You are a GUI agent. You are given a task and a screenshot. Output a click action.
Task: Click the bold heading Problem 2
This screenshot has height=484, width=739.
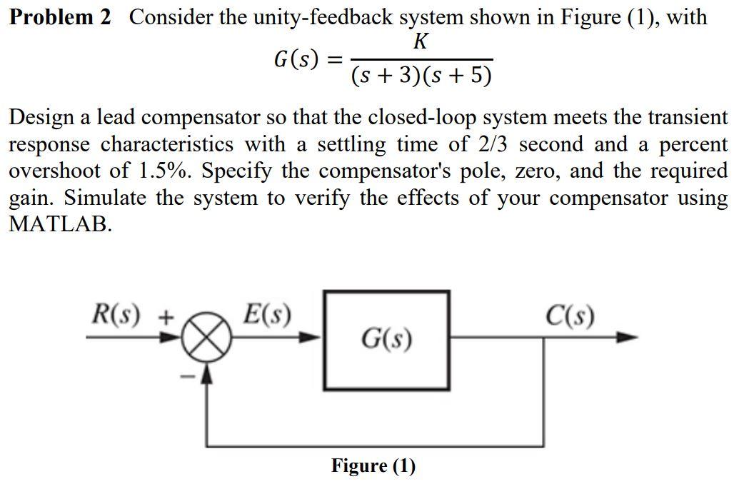(x=60, y=17)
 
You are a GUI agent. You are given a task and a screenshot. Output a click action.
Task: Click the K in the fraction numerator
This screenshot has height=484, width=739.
(x=421, y=44)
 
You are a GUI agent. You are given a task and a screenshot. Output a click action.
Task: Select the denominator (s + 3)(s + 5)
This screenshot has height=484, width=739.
(x=421, y=76)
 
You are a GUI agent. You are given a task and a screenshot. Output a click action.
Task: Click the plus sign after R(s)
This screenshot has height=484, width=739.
(x=166, y=316)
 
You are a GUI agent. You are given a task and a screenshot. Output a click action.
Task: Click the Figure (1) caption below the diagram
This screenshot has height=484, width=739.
(x=373, y=466)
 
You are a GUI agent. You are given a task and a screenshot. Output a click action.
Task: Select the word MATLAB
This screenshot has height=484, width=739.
(x=60, y=224)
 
